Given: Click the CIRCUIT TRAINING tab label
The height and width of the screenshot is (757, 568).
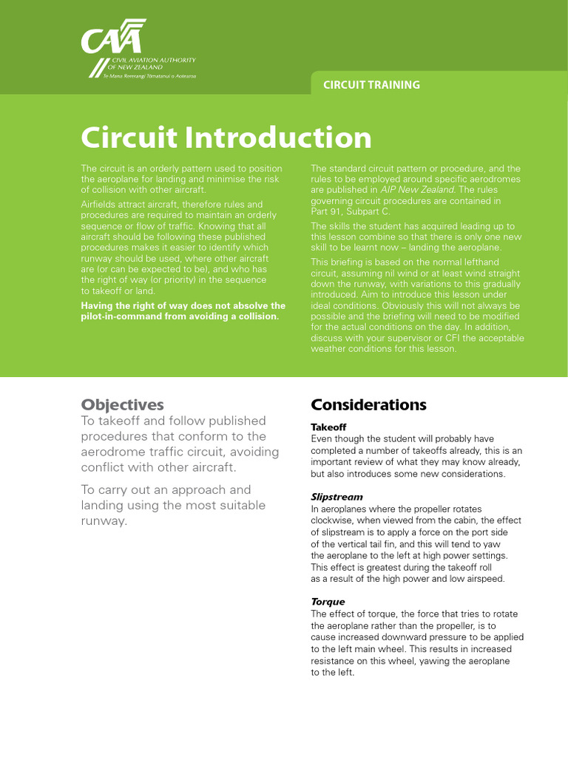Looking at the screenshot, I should pos(371,84).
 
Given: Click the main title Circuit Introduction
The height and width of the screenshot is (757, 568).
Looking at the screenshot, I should pos(226,138).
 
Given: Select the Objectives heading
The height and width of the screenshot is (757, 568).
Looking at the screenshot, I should pos(122,404).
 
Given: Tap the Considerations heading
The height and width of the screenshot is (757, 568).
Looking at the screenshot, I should pos(368,404).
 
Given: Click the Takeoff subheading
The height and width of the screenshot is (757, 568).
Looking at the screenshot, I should pos(328,427).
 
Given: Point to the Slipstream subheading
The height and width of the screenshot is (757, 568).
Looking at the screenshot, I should pos(337,497).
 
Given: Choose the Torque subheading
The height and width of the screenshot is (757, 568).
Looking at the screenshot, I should pos(328,602).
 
